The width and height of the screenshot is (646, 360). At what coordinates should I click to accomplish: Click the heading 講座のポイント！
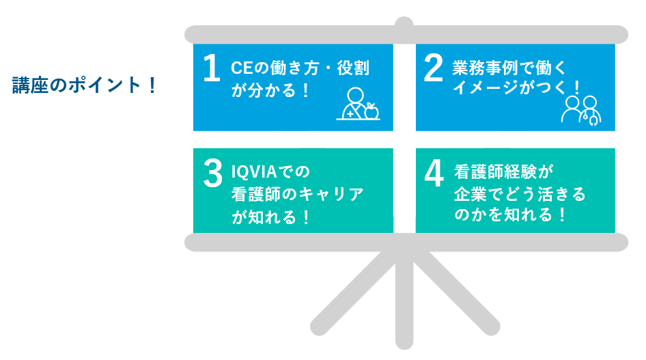coord(84,85)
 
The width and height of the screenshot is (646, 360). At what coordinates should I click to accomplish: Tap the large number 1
coord(212,68)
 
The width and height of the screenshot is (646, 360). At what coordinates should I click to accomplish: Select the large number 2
coord(434,68)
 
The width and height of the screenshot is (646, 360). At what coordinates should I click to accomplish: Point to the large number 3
coord(212,174)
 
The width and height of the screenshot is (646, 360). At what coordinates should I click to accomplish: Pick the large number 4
coord(434,174)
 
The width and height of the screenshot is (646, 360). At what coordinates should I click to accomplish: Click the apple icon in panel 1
coord(371,111)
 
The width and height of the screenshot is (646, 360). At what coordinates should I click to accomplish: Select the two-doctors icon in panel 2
coord(581,111)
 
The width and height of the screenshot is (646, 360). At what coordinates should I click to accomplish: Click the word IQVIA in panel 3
coord(254,171)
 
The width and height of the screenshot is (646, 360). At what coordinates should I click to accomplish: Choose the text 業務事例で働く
coord(509,68)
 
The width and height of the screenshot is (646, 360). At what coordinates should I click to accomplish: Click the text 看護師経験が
coord(503,171)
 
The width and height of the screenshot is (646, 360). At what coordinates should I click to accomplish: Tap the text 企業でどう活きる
coord(520,194)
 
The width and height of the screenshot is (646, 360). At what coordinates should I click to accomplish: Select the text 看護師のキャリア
coord(298,194)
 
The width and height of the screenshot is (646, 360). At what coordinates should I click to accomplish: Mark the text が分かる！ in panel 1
coord(270,90)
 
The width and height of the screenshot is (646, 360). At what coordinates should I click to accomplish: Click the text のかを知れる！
coord(510,214)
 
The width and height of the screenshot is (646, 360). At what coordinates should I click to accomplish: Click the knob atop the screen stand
coord(404,23)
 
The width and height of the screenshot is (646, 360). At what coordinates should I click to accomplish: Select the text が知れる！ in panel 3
coord(270,217)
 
